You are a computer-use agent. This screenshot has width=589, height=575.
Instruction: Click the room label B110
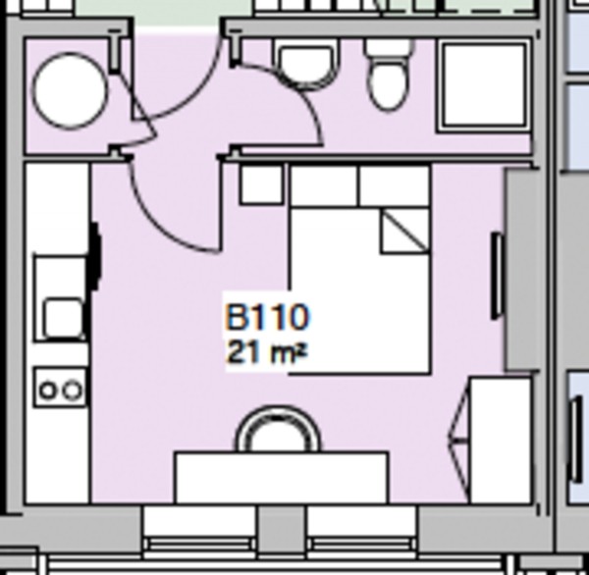point(268,318)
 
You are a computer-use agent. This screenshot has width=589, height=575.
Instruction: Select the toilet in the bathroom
point(389,77)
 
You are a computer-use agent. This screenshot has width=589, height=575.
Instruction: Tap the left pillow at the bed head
point(324,186)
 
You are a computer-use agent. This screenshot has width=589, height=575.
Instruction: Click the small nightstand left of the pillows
point(262,184)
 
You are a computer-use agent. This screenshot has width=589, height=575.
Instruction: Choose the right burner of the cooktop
point(72,391)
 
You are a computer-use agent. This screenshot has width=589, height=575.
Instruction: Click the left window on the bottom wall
point(200,530)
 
